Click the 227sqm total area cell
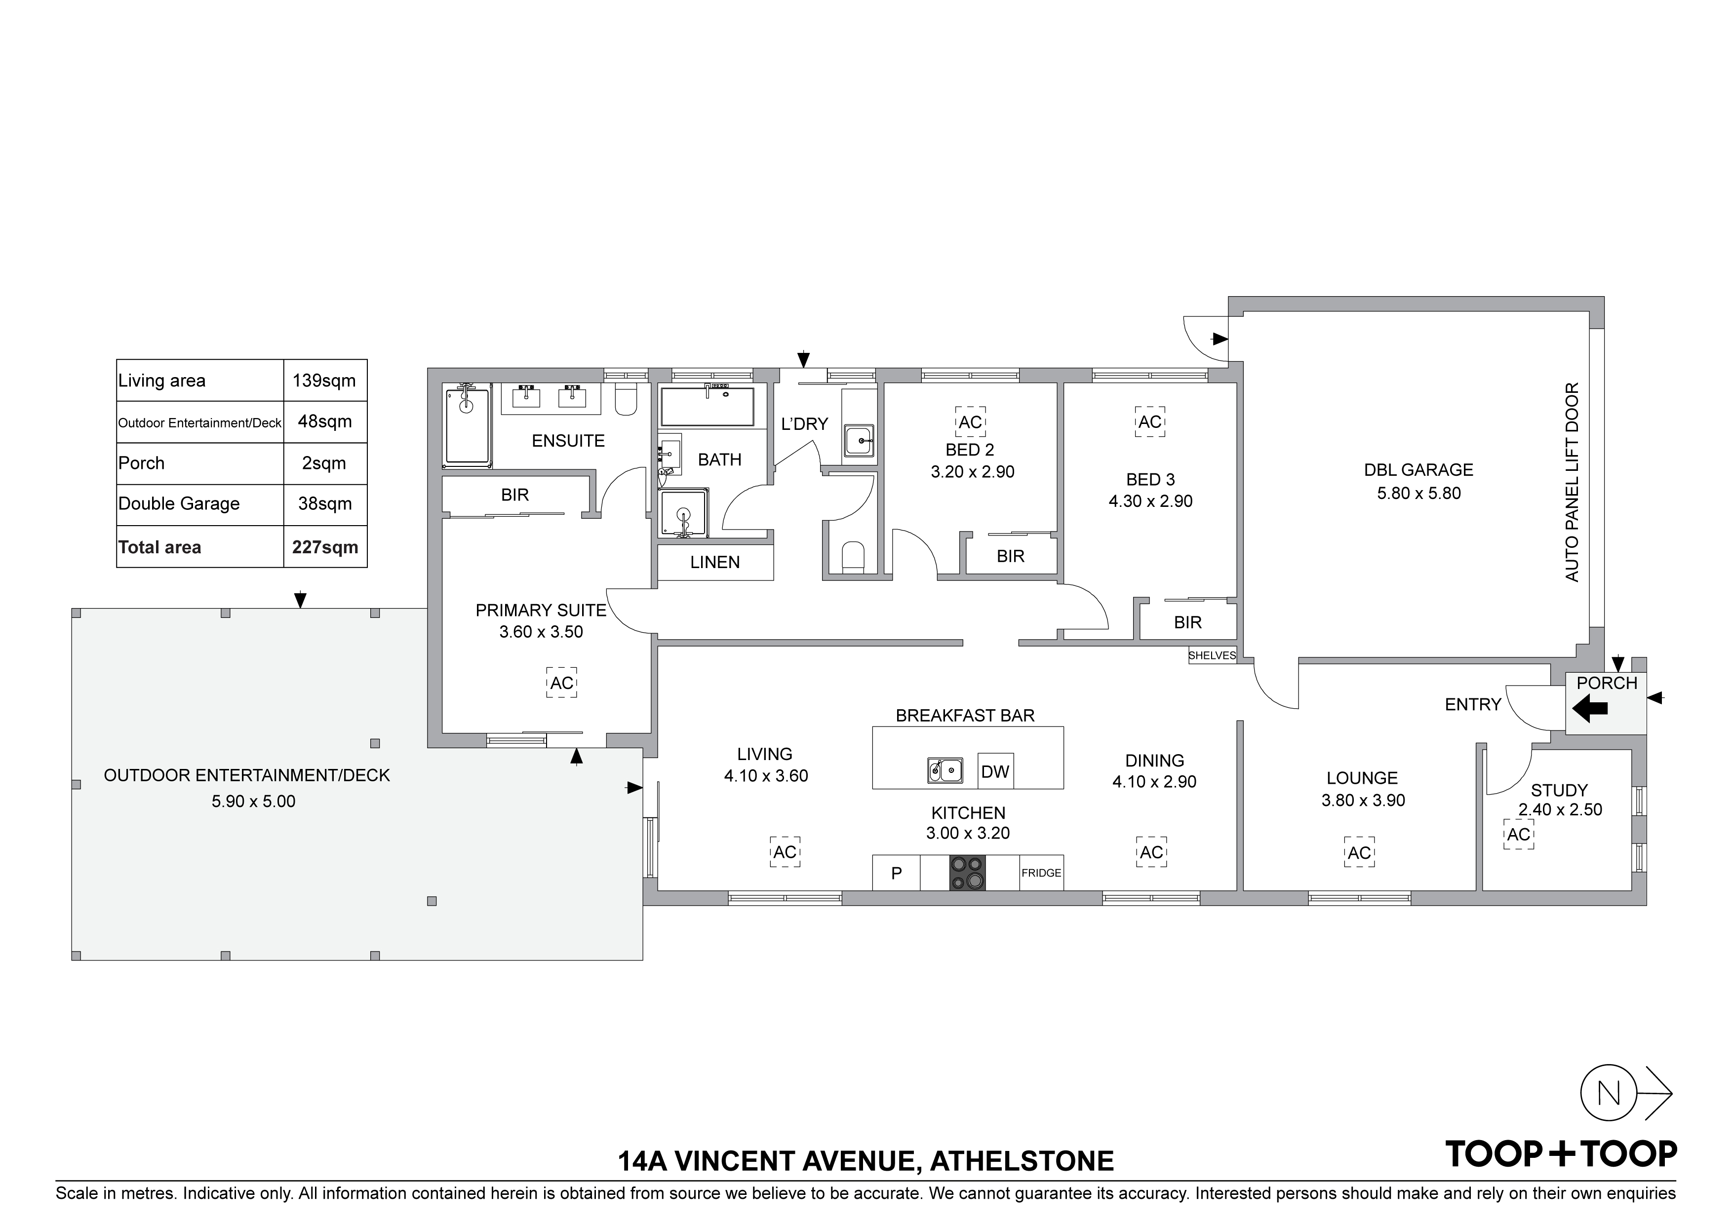click(325, 547)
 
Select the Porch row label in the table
click(141, 463)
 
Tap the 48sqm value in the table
click(325, 421)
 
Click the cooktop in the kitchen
click(967, 873)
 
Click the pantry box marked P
click(896, 873)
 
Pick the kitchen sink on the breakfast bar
click(945, 770)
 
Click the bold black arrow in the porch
click(1589, 708)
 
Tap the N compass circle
click(1608, 1093)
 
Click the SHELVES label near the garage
click(1212, 655)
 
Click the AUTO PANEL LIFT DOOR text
click(1572, 482)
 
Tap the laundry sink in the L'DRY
click(859, 440)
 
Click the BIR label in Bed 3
click(1187, 622)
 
